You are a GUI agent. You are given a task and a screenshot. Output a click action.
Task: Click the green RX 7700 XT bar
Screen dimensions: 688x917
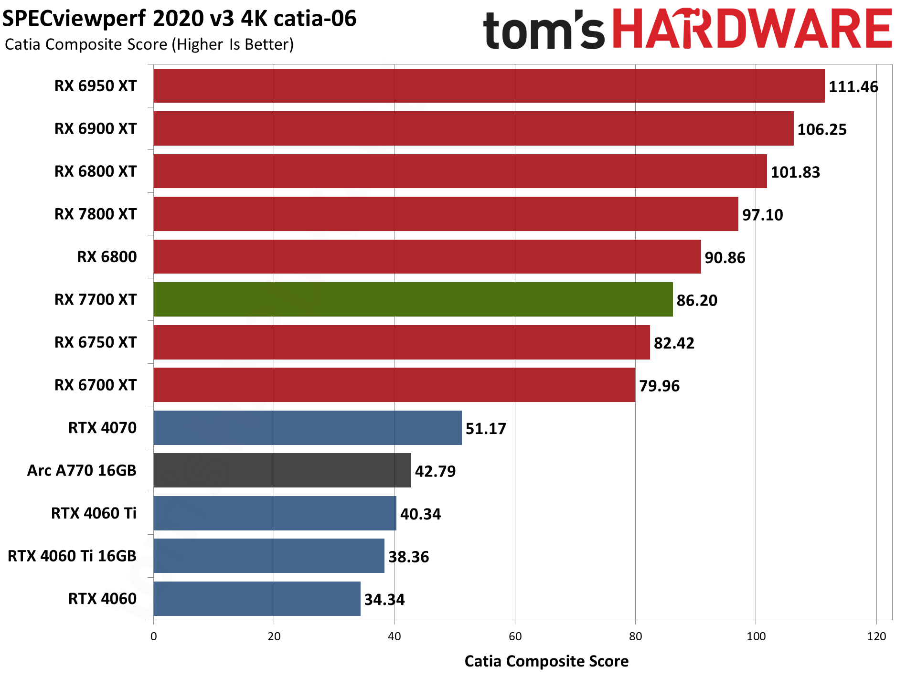tap(413, 299)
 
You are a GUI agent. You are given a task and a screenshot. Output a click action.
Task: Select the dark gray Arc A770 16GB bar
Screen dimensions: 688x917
tap(282, 470)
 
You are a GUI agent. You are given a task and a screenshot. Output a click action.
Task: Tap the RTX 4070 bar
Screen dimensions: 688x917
tap(307, 428)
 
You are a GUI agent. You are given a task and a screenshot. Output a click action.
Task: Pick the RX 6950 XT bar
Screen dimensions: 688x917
tap(489, 86)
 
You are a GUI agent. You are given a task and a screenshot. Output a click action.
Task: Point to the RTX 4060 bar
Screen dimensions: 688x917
tap(256, 599)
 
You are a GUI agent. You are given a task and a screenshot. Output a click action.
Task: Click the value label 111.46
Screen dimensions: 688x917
tap(853, 87)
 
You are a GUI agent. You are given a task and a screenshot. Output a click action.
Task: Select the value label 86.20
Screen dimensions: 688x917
tap(697, 300)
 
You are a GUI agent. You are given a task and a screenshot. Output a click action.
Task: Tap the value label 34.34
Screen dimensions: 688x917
tap(384, 600)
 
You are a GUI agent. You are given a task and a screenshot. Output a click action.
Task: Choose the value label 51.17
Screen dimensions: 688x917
tap(486, 429)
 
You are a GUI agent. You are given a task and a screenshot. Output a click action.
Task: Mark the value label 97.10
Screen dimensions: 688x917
tap(762, 215)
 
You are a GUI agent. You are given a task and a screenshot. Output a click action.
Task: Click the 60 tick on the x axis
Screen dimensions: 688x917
tap(515, 636)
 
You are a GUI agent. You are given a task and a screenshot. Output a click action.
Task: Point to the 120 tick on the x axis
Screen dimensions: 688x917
tap(876, 636)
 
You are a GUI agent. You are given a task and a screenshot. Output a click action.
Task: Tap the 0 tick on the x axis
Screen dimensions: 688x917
tap(153, 636)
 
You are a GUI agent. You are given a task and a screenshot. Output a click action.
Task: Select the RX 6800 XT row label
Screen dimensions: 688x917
tap(96, 171)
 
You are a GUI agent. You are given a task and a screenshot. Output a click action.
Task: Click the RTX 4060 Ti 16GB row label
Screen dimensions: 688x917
tap(72, 556)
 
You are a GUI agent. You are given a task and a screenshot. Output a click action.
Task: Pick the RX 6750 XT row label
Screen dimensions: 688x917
tap(96, 342)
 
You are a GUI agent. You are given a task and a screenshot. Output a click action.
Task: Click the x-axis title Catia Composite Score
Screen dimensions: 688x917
tap(546, 661)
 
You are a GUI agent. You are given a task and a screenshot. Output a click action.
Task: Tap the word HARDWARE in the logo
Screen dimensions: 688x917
tap(752, 30)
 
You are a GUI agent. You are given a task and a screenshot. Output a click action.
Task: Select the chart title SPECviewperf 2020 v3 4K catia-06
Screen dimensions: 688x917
tap(180, 19)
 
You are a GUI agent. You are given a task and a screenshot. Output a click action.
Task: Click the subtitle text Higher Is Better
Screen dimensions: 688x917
tap(235, 44)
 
